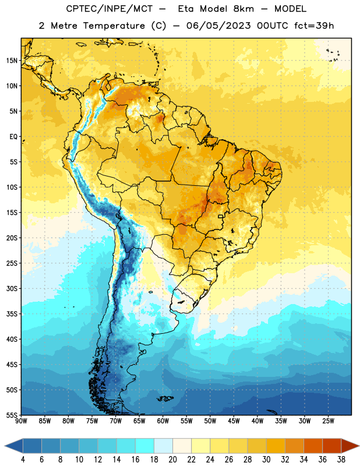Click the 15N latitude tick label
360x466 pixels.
coord(12,61)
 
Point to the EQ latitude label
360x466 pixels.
coord(13,137)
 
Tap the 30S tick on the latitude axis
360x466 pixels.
coord(12,288)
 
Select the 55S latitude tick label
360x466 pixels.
coord(12,415)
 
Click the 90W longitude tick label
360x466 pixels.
coord(21,421)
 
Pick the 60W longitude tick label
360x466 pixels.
coord(163,421)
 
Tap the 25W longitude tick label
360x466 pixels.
coord(328,421)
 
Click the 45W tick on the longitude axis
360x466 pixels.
coord(234,421)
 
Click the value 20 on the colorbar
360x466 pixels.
coord(172,460)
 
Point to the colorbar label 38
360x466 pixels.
coord(341,460)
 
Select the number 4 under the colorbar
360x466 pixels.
coord(23,460)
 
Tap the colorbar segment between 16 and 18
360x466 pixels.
coord(145,446)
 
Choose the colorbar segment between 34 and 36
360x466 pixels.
coord(313,446)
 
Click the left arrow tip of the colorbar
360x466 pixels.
coord(5,446)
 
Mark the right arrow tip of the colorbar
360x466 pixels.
coord(359,446)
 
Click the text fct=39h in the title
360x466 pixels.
coord(314,26)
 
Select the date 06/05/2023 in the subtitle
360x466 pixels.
coord(218,26)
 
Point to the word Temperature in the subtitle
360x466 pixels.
coord(114,26)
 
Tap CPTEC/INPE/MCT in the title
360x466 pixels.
coord(110,9)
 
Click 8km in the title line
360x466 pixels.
coord(243,9)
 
